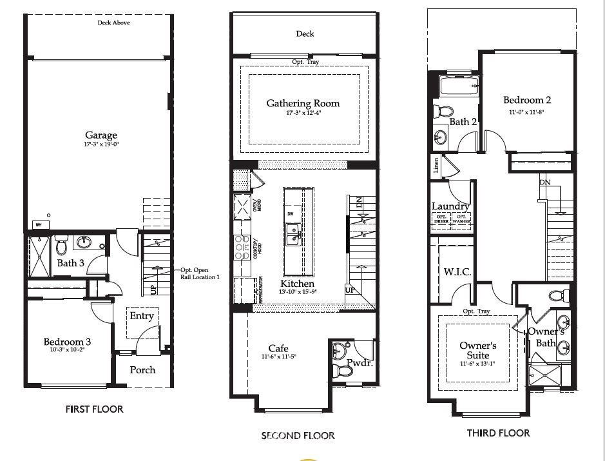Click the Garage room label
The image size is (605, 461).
101,135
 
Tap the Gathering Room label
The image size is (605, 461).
303,103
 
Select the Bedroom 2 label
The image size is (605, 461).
527,100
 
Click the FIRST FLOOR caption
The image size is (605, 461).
94,409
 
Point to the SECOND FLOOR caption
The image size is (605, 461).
298,436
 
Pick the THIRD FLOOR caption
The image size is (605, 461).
498,433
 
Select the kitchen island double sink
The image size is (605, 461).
293,235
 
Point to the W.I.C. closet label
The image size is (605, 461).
457,272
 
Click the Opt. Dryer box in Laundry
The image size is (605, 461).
441,219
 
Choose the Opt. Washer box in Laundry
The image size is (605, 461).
461,219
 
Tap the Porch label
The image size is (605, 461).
142,369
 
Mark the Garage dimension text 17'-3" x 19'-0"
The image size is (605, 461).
101,144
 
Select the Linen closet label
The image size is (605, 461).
436,166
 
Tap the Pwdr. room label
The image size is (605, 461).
359,363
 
